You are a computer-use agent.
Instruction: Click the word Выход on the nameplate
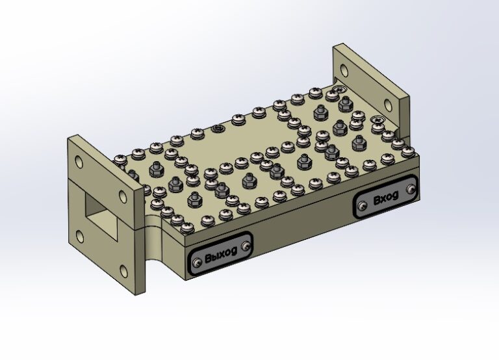coord(221,253)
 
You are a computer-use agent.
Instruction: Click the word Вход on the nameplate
coord(386,198)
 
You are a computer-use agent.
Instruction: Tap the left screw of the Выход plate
coord(198,263)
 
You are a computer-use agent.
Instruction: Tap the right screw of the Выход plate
coord(246,246)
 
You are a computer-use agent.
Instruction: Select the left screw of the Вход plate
coord(362,206)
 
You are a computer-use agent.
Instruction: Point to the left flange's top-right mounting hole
coord(123,196)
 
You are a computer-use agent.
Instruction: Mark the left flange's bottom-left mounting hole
coord(80,237)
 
